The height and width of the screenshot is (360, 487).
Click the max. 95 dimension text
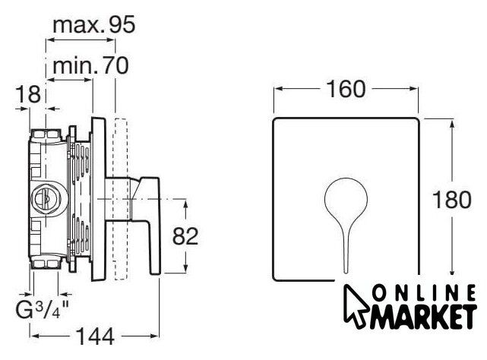point(93,25)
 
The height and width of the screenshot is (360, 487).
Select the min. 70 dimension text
point(90,65)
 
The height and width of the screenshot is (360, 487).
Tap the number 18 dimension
point(28,94)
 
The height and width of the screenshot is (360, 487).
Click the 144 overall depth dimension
point(96,336)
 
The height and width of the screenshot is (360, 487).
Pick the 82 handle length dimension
point(185,235)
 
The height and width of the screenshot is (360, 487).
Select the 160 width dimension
point(346,89)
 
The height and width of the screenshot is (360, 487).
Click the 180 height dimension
point(451,200)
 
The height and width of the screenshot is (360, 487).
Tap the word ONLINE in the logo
point(424,293)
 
